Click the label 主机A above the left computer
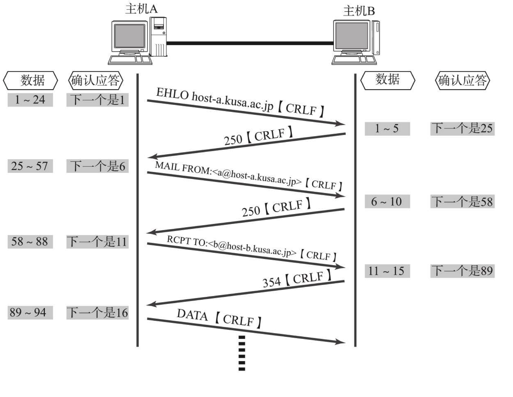pos(141,9)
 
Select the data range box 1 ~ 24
pos(30,100)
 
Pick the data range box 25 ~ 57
pos(30,166)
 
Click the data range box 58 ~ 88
pos(30,242)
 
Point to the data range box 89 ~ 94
pos(30,312)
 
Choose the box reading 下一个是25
pos(462,129)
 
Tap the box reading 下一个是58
pos(462,201)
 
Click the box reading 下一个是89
pos(462,271)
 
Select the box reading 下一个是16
pos(97,312)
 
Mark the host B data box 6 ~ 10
pos(387,201)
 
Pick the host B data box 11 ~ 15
pos(387,271)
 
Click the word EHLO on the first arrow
pos(172,94)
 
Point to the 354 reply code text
pos(271,282)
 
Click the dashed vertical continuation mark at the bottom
pos(242,353)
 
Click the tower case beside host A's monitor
pos(158,37)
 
